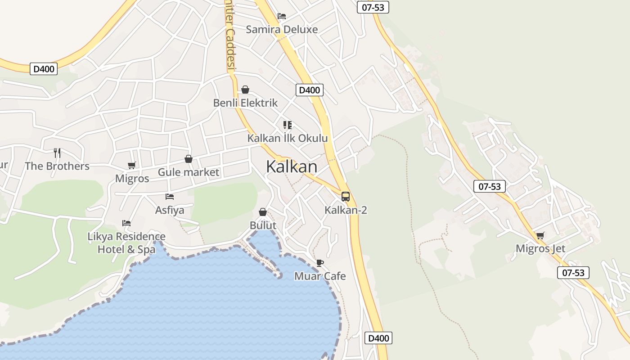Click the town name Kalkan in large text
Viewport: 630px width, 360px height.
292,167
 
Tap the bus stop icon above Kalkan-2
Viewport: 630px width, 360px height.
346,197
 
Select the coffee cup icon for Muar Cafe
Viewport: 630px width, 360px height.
319,263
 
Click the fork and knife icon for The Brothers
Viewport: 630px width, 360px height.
57,153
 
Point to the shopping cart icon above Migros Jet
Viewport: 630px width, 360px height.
540,235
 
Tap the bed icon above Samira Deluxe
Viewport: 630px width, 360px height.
282,16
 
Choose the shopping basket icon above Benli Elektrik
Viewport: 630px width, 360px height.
245,90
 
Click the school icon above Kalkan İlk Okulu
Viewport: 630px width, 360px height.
287,125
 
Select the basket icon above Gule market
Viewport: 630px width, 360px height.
189,159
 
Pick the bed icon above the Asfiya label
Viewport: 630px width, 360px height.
170,197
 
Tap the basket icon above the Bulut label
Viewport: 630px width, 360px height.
263,212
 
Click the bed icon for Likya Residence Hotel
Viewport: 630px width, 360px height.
126,223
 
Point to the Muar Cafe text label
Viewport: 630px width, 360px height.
320,276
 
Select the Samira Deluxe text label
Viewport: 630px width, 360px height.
282,30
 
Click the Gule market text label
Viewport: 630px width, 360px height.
189,172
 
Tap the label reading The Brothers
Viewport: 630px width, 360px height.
57,166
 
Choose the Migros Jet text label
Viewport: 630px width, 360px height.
540,248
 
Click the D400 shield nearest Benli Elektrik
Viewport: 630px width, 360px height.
310,90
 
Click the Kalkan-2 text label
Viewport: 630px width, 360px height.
346,210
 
